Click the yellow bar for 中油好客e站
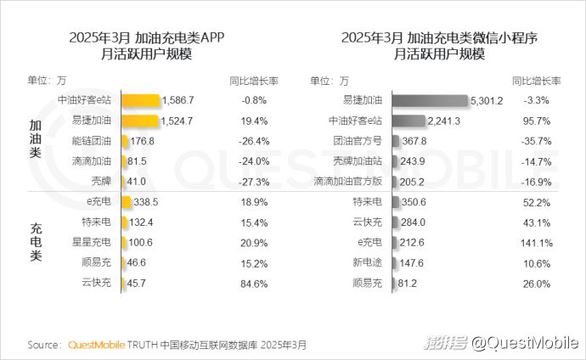coord(141,100)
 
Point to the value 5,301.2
coord(488,100)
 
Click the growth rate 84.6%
coord(254,282)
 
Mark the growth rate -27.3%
coord(253,182)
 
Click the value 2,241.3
coord(443,121)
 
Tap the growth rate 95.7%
coord(539,121)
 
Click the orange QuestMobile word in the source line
coord(95,346)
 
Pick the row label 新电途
coord(368,262)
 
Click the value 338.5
coord(147,202)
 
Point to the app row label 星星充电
coord(92,242)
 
